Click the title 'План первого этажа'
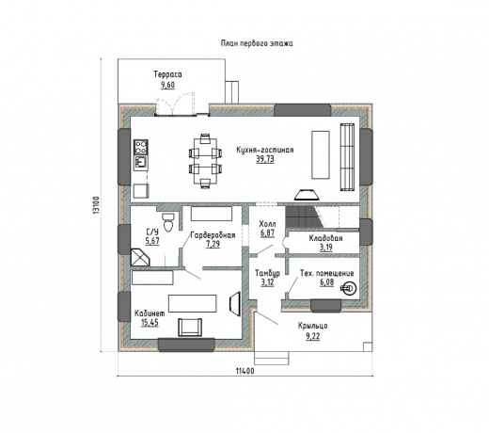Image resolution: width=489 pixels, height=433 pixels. pos(257,43)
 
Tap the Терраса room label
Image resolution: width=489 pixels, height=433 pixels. pos(167,74)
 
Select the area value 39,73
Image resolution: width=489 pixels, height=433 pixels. pos(265,159)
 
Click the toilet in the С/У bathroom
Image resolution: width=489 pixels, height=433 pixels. pos(168,222)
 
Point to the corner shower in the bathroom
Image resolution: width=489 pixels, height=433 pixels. pos(140,257)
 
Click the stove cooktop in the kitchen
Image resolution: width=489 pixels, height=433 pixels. pos(141,147)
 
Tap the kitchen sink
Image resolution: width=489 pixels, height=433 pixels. pos(141,163)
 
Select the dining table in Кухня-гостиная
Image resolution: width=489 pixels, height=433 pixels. pos(205,161)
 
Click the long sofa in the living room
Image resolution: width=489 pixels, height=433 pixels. pos(347,157)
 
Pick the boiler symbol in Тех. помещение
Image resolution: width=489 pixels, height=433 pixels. pos(349,288)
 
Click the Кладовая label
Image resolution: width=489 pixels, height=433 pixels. pos(325,238)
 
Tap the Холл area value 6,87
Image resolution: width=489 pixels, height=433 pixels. pos(267,233)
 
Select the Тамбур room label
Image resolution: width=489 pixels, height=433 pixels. pos(267,273)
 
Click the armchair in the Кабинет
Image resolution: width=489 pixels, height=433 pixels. pos(190,328)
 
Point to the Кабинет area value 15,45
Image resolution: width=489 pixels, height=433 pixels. pos(150,323)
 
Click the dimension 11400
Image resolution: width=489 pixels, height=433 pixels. pos(244,371)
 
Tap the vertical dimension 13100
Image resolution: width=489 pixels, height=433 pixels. pos(96,205)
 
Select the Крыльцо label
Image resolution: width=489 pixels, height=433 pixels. pos(313,326)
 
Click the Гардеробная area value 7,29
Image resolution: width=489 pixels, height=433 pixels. pos(213,244)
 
